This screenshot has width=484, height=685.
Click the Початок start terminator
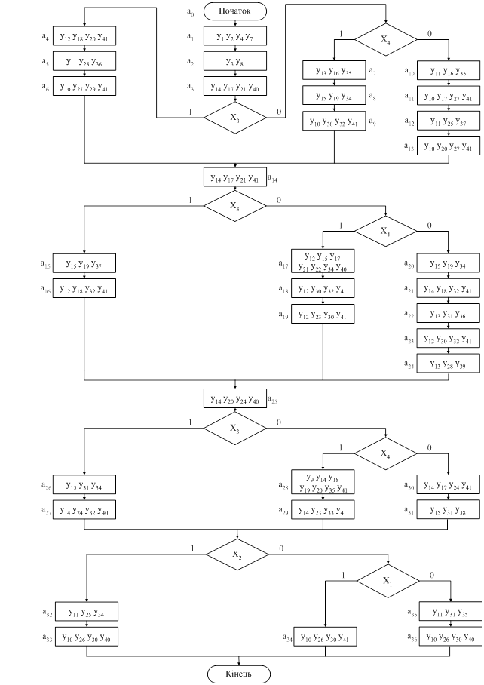click(235, 11)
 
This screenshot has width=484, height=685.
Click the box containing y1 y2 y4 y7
click(235, 36)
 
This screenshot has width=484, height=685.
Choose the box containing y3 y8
click(235, 60)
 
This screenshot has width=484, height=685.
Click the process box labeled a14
click(235, 178)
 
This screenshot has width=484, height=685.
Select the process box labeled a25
click(235, 399)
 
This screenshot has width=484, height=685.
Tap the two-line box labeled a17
click(323, 261)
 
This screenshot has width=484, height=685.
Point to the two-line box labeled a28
click(323, 483)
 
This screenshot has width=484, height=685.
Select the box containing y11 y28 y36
click(84, 61)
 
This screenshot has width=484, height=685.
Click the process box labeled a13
click(449, 146)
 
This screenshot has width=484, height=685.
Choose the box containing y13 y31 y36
click(449, 316)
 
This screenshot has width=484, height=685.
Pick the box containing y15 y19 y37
click(84, 266)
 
